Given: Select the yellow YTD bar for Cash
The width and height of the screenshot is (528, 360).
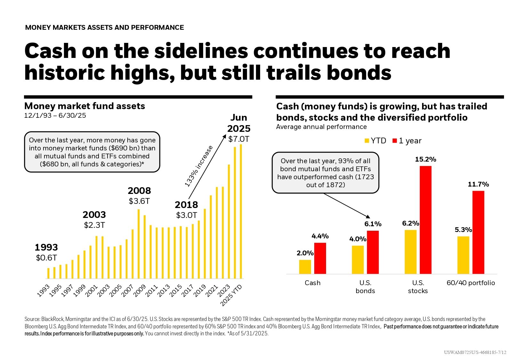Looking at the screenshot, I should pos(305,267).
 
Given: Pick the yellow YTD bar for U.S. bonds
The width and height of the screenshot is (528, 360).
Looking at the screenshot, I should pos(358,260).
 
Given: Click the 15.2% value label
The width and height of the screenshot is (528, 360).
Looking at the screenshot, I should pos(425,159).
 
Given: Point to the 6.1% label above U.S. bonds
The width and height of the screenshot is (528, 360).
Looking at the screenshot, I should pos(373,224).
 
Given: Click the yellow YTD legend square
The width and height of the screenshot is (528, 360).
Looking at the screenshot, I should pos(367,141).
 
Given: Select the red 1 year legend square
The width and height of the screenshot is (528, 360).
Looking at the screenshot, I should pos(395,141).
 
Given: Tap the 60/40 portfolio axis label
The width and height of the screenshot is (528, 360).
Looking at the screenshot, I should pos(470,283).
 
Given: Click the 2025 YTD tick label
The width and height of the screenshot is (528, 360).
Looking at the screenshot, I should pos(232,295).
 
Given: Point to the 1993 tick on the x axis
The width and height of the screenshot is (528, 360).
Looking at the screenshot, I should pos(44,291).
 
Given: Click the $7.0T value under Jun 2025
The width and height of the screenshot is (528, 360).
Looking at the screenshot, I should pos(238,139).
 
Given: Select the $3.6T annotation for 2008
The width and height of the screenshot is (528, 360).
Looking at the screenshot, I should pos(139,201).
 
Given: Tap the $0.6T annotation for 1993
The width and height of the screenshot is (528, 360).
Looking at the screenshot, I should pos(46,258).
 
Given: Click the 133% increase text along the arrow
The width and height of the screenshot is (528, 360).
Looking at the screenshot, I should pos(199,166).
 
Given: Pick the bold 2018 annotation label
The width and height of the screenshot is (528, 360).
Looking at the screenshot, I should pos(186,205).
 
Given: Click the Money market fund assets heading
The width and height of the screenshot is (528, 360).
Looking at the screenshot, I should pos(84,106).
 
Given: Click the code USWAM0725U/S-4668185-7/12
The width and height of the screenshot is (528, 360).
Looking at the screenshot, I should pos(475,352).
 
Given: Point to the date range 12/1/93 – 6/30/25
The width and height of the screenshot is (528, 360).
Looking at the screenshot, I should pos(55,116).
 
